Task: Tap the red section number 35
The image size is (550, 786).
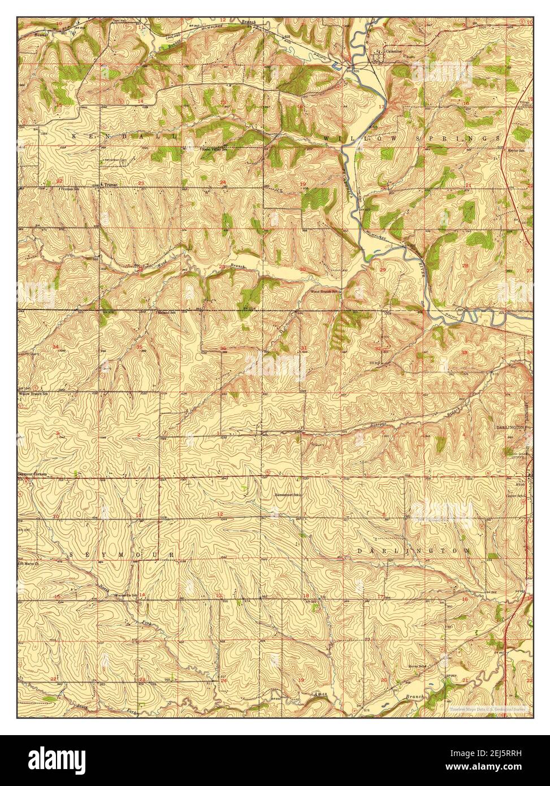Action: click(139, 346)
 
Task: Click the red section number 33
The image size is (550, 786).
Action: click(465, 352)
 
